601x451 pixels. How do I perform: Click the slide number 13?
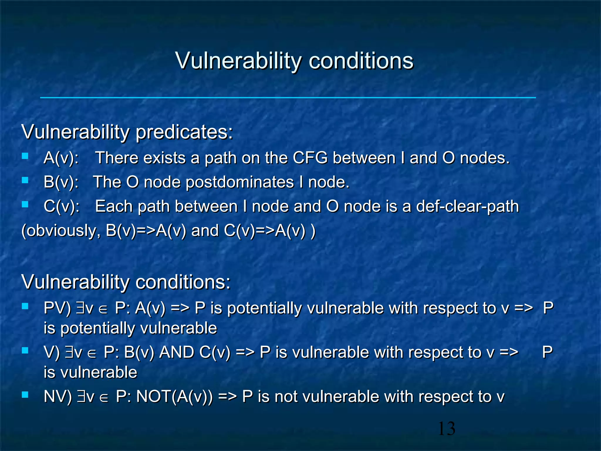tap(446, 428)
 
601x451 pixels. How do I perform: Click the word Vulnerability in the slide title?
tap(238, 61)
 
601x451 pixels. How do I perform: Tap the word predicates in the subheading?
tap(184, 132)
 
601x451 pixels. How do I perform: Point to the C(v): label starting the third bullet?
tap(61, 206)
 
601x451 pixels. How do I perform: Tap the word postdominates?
tap(240, 182)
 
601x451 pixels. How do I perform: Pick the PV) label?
tap(57, 308)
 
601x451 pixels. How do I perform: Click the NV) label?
tap(58, 397)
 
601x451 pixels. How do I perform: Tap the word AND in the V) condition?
tap(176, 352)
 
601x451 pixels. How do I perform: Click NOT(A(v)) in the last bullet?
tap(174, 397)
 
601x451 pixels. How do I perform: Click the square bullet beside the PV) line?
tap(25, 306)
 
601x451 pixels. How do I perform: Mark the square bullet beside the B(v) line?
tap(25, 180)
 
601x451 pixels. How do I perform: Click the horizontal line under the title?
tap(288, 97)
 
